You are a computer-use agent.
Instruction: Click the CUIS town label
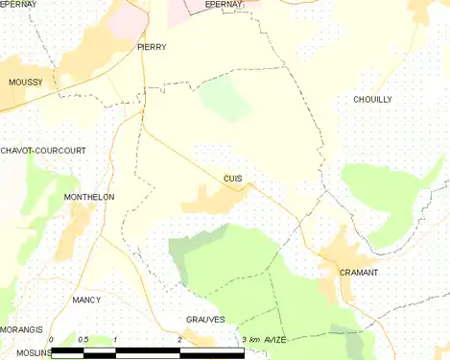pos(232,178)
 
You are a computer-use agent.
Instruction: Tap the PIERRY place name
pos(152,46)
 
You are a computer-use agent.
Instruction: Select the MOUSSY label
pos(25,83)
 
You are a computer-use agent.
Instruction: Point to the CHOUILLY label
pos(373,100)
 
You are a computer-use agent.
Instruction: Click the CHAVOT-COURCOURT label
pos(43,151)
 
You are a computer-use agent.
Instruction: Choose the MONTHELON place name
pos(88,197)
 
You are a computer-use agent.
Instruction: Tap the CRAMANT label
pos(359,273)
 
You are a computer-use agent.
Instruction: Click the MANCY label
pos(86,300)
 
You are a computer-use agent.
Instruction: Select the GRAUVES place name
pos(205,319)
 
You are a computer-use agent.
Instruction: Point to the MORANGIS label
pos(21,329)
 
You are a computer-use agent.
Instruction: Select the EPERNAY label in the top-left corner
pos(18,5)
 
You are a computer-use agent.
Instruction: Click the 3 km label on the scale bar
pos(250,340)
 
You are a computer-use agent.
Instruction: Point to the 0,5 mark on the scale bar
pos(83,340)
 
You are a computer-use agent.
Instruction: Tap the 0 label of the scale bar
pos(51,340)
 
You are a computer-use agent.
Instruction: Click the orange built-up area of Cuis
pos(213,199)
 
